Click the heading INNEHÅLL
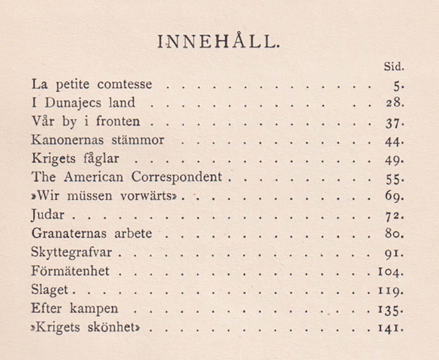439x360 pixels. coord(219,42)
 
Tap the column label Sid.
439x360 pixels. coord(394,67)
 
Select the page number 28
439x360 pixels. coord(394,103)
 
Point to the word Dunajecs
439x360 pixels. coord(74,103)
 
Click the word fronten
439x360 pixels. coord(118,121)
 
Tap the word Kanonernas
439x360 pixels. coord(67,140)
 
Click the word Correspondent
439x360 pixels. coord(177,177)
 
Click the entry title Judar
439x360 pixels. coord(48,215)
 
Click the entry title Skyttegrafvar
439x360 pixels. coord(74,253)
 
